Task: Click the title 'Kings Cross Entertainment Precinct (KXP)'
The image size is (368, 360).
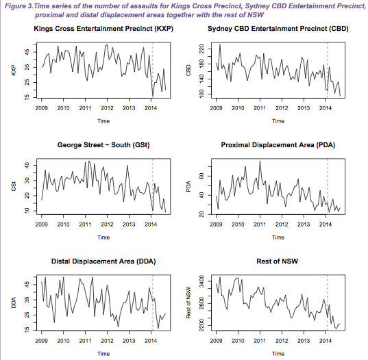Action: (103, 29)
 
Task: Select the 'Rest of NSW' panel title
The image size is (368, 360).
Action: (278, 261)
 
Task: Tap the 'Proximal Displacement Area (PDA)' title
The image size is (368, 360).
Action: (278, 145)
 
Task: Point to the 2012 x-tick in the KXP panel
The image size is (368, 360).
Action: (107, 108)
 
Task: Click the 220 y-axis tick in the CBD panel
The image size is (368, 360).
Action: (202, 49)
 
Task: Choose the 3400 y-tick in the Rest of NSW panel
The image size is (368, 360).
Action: (201, 281)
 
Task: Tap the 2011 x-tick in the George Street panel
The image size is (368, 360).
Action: (85, 224)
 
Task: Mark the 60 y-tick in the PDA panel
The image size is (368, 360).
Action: (202, 176)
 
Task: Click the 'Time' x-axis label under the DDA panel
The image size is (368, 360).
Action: (103, 354)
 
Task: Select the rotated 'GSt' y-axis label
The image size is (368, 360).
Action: (14, 186)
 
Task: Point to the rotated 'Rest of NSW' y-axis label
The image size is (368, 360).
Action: (188, 303)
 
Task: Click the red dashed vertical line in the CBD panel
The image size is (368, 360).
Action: (327, 70)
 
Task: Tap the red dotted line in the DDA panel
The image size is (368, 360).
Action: (153, 303)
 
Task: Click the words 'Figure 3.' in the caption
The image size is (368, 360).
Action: (19, 6)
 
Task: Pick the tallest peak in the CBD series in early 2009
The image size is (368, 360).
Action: (220, 44)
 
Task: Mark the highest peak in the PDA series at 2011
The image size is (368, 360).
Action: (260, 161)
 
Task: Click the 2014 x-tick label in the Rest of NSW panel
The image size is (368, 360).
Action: (326, 341)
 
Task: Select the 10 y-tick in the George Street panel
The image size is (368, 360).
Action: (27, 211)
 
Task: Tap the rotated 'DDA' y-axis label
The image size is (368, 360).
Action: (14, 303)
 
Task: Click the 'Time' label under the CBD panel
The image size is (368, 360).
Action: (278, 121)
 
